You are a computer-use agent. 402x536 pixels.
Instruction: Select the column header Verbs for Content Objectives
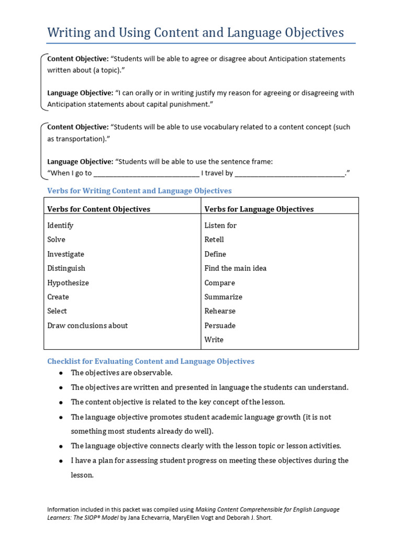pyautogui.click(x=98, y=209)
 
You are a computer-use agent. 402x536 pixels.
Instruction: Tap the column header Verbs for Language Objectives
pyautogui.click(x=259, y=209)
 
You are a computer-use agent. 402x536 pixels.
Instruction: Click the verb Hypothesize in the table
pyautogui.click(x=68, y=283)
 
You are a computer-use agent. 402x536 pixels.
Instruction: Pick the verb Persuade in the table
pyautogui.click(x=220, y=326)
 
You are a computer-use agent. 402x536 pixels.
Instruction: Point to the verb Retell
pyautogui.click(x=214, y=240)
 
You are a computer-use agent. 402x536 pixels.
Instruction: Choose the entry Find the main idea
pyautogui.click(x=235, y=268)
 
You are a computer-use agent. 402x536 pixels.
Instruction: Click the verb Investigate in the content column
pyautogui.click(x=65, y=254)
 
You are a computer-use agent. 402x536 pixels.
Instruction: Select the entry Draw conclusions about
pyautogui.click(x=87, y=326)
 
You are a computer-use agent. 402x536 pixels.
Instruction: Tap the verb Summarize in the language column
pyautogui.click(x=223, y=297)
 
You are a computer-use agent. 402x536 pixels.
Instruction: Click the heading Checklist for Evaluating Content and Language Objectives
pyautogui.click(x=151, y=361)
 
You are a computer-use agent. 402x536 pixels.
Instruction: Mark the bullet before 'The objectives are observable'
pyautogui.click(x=61, y=373)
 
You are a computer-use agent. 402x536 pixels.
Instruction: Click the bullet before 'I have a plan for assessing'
pyautogui.click(x=61, y=461)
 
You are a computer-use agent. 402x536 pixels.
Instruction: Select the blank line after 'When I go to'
pyautogui.click(x=147, y=173)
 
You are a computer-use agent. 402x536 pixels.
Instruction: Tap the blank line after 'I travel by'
pyautogui.click(x=290, y=173)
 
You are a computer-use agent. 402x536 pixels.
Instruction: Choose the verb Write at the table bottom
pyautogui.click(x=214, y=340)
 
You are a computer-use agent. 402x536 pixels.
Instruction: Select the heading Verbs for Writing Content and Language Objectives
pyautogui.click(x=139, y=191)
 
